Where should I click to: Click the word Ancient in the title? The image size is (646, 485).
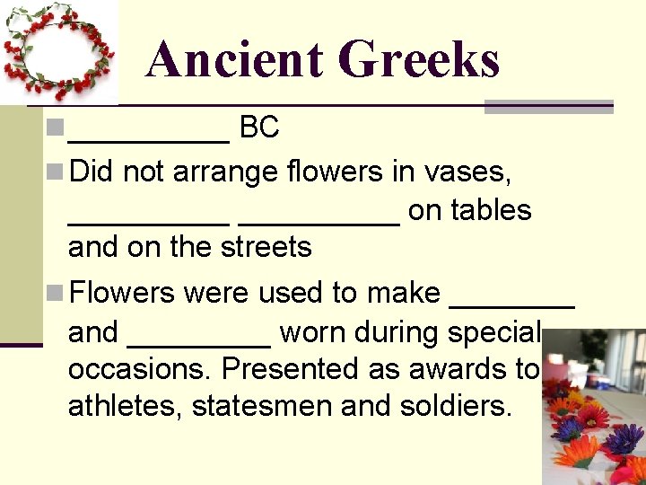click(x=235, y=60)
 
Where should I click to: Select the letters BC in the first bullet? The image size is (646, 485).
click(x=260, y=128)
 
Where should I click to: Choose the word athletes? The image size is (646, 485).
click(x=126, y=406)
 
